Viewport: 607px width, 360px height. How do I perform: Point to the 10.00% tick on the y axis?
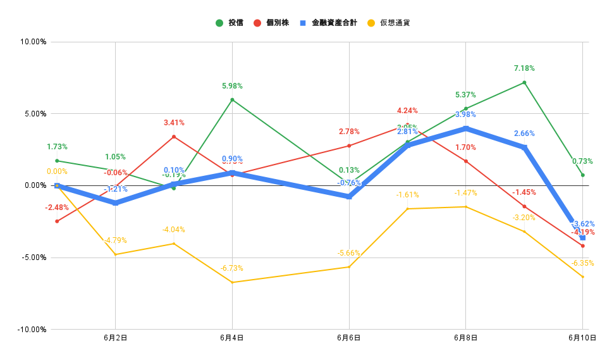click(35, 42)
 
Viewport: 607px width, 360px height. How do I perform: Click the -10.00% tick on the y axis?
click(33, 330)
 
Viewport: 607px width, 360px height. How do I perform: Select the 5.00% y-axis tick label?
click(36, 114)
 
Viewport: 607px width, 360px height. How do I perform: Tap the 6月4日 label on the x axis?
click(232, 338)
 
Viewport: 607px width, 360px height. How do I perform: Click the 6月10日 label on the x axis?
click(582, 338)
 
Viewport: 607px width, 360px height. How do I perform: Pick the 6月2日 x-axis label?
click(116, 338)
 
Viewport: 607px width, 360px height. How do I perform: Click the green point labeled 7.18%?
click(524, 82)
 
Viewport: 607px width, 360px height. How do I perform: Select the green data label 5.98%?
click(232, 86)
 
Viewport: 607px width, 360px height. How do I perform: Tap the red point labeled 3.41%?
click(174, 137)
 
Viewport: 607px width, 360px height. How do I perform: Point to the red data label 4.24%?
click(407, 111)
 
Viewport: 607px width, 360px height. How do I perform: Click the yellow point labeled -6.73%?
click(232, 282)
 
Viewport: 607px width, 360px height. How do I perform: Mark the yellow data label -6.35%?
click(582, 263)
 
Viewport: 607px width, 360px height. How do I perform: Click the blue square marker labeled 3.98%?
click(466, 128)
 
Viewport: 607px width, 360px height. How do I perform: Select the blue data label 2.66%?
click(524, 133)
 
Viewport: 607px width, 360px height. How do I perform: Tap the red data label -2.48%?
click(57, 208)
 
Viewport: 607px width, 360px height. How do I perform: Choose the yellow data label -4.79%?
click(115, 240)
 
